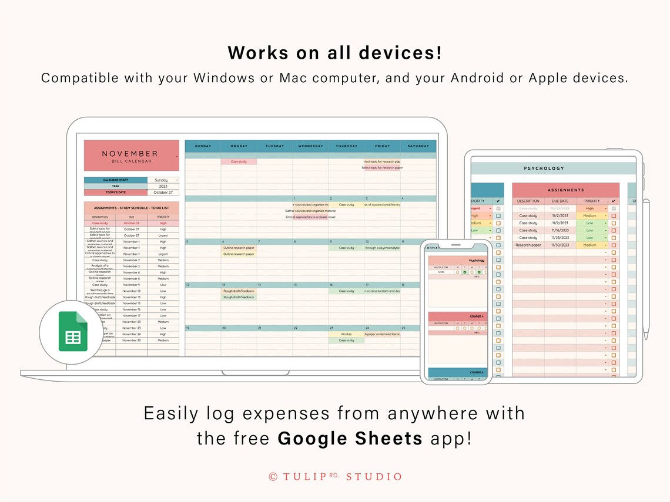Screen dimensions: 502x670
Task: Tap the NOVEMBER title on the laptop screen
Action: [x=130, y=154]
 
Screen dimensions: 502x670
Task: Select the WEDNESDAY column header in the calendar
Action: [x=310, y=146]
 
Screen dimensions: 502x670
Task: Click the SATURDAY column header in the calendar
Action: [x=418, y=146]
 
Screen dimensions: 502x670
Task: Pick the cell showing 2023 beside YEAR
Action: [x=163, y=186]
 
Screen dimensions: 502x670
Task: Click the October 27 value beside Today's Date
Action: [x=163, y=193]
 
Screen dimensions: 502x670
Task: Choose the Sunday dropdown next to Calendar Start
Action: [x=163, y=180]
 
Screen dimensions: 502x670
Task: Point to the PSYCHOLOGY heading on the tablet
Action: [x=544, y=169]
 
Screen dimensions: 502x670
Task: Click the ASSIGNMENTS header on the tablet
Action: [x=565, y=190]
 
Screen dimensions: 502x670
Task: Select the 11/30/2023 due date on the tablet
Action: [x=560, y=245]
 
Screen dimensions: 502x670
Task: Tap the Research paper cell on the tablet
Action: [x=528, y=245]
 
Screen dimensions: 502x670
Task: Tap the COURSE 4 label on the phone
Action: [x=476, y=316]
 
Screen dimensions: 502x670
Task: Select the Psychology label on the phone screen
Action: [x=477, y=260]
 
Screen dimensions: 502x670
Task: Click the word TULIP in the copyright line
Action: [x=305, y=477]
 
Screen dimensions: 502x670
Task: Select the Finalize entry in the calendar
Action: [x=346, y=334]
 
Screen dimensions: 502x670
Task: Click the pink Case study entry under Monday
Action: [x=239, y=161]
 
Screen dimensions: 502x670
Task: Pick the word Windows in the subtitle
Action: [x=224, y=78]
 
